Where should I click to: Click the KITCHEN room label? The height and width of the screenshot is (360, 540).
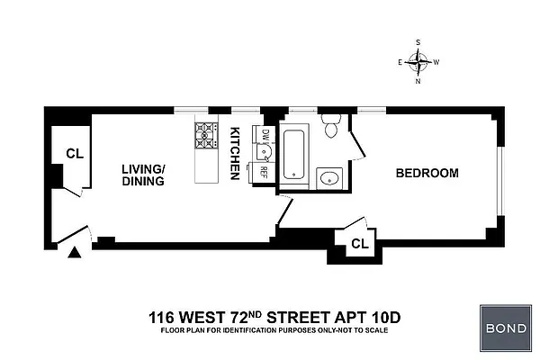point(236,152)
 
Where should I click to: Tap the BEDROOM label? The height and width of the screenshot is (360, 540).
point(427,173)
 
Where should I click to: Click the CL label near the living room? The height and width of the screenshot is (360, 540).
point(75,154)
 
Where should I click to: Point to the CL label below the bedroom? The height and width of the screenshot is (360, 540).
point(359,243)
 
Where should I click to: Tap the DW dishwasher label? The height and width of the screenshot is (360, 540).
point(265,135)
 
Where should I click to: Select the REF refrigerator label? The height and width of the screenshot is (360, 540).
point(265,171)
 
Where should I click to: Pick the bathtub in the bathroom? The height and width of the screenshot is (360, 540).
point(294,155)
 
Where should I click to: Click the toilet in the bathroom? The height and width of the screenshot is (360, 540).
point(331,130)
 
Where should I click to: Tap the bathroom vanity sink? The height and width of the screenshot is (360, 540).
point(329,177)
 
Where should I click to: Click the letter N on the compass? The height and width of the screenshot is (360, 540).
point(418,81)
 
